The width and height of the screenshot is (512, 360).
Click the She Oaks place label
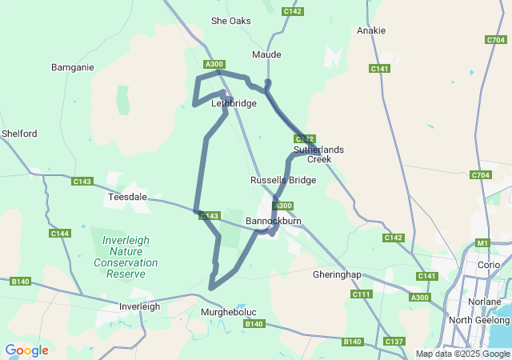point(230,21)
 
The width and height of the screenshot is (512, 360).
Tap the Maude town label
point(266,54)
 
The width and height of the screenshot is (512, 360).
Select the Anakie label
point(371,30)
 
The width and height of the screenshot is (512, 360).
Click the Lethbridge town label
point(234,103)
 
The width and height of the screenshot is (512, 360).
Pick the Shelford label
point(19,134)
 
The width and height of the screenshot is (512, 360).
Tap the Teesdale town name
point(126,195)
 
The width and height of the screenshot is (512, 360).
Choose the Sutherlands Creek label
point(318,154)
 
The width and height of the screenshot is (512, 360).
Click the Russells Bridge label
point(282,180)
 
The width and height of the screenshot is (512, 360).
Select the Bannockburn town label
point(273,219)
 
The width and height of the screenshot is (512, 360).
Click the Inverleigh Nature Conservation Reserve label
point(126,251)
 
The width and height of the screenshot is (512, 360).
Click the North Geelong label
point(479,320)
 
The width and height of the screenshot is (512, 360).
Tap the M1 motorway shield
point(482,242)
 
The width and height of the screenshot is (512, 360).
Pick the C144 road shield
point(59,234)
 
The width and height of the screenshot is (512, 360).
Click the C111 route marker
point(362,294)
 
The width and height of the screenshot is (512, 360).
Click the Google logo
point(26,350)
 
